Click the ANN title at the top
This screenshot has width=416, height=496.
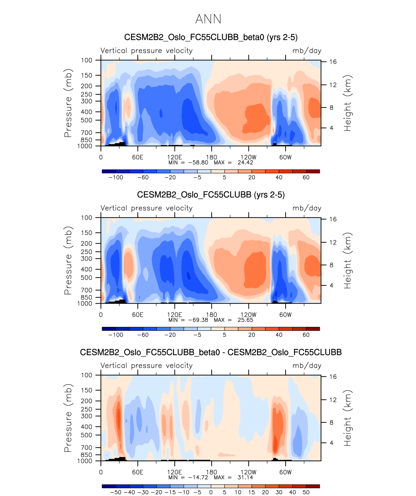click(208, 19)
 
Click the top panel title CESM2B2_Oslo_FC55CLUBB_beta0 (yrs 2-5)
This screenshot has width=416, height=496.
click(211, 37)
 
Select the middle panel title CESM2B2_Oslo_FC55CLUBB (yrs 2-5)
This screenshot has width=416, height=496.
click(211, 195)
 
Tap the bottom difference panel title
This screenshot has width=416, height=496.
click(211, 352)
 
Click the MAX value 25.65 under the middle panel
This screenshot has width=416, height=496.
click(245, 320)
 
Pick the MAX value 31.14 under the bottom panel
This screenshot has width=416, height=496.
click(245, 477)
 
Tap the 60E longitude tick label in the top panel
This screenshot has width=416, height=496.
click(138, 157)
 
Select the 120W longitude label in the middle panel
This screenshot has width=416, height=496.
click(248, 315)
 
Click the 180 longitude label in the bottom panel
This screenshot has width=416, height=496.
click(211, 472)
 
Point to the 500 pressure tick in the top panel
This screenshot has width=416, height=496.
click(86, 120)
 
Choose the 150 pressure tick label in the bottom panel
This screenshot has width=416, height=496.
click(86, 390)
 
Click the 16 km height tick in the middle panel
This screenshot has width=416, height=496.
click(333, 219)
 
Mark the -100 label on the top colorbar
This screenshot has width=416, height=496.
click(116, 178)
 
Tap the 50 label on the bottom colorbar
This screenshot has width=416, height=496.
click(306, 492)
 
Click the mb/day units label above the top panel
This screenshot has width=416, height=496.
click(307, 51)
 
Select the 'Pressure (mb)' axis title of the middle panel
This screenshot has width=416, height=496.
click(68, 260)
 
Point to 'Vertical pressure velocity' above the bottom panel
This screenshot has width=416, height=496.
click(146, 366)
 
